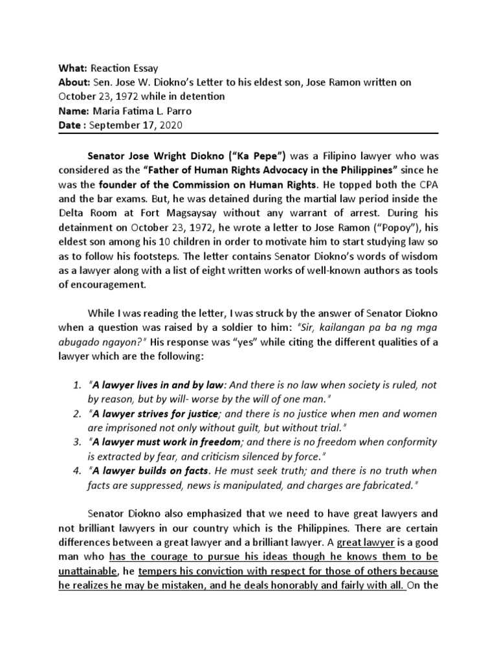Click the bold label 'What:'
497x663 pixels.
tap(73, 68)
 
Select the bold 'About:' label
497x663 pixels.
tap(76, 82)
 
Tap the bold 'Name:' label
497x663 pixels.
tap(75, 111)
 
